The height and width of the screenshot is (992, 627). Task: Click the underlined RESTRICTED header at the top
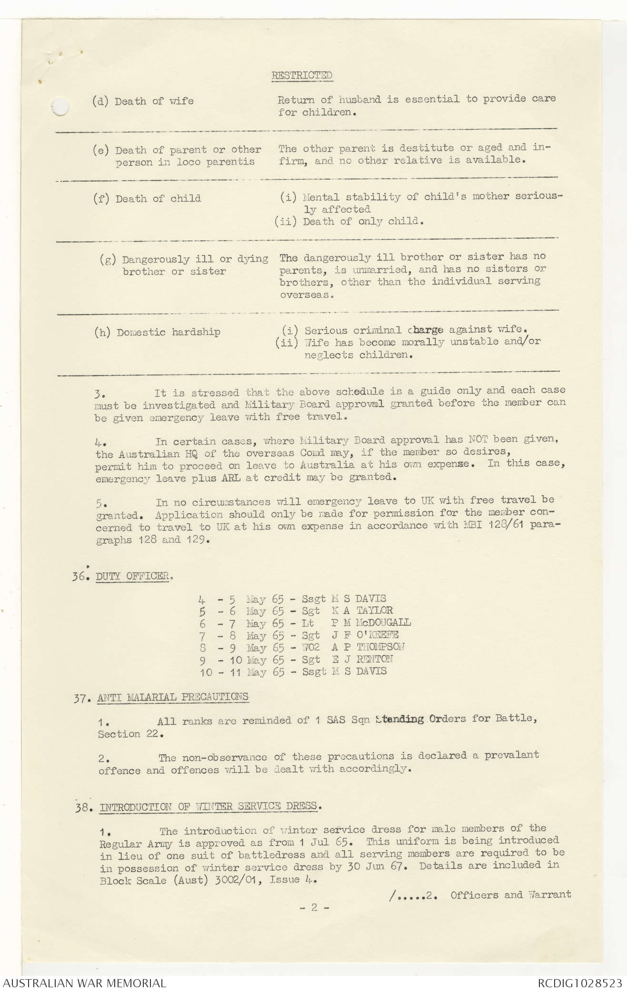302,75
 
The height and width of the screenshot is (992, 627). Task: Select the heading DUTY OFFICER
133,576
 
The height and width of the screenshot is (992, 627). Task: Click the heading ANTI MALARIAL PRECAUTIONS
173,697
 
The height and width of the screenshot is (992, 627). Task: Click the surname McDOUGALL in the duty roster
383,623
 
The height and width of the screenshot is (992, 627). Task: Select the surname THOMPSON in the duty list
380,647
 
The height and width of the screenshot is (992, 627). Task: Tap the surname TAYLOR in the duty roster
375,610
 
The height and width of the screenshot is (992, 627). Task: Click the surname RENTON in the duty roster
375,659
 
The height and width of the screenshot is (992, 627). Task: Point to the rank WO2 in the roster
311,647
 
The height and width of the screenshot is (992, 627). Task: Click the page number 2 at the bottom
314,907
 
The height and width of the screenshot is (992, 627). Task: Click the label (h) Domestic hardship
158,332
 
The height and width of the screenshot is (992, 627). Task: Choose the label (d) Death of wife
143,101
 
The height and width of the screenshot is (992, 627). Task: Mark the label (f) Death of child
147,198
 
